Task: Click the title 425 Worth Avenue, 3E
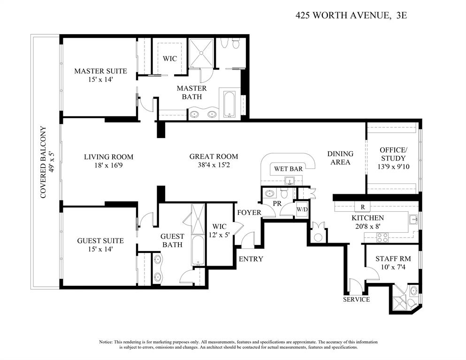[351, 15]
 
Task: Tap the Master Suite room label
[100, 71]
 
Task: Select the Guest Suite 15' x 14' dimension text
[100, 249]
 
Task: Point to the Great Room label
[214, 157]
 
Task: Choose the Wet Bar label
[288, 169]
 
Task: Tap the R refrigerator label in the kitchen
[363, 207]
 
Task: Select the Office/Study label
[393, 154]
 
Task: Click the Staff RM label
[390, 259]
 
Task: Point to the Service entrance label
[356, 299]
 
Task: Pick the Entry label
[251, 259]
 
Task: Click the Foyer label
[249, 213]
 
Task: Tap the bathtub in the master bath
[230, 104]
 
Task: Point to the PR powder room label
[277, 203]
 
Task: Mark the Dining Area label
[340, 158]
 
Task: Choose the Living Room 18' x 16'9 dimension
[108, 165]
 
